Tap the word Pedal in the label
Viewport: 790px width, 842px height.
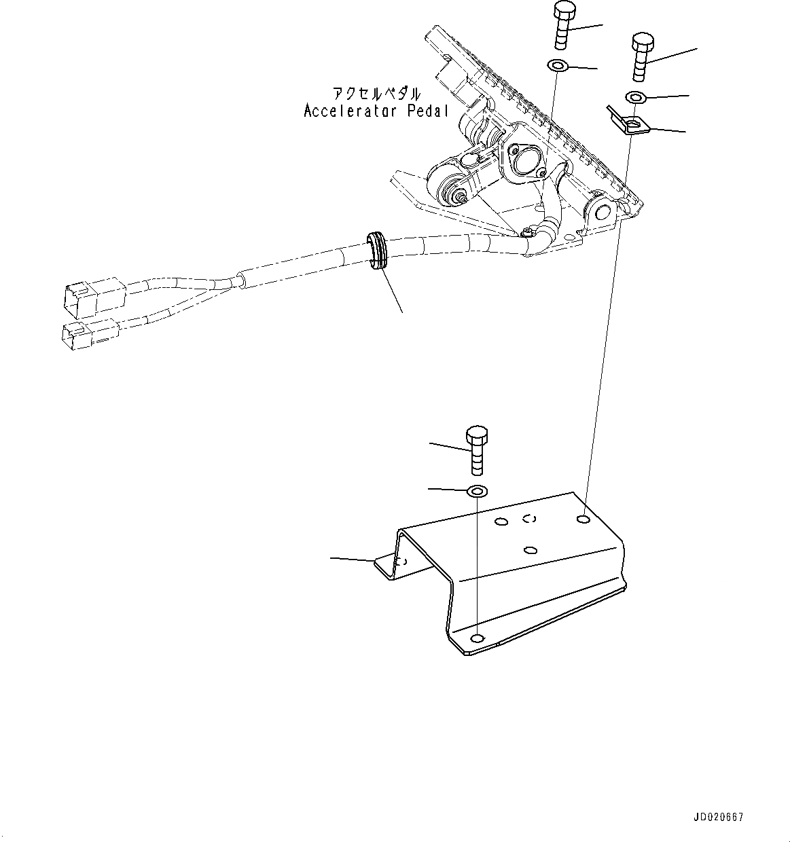pos(429,111)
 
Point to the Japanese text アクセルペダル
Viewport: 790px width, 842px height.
pos(376,94)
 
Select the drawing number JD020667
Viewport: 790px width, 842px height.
pos(719,817)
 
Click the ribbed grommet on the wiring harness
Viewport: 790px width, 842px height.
pos(377,250)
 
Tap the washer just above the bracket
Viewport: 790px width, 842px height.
pos(478,490)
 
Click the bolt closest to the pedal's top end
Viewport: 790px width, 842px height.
pos(564,26)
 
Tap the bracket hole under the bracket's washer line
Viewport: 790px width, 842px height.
pos(478,638)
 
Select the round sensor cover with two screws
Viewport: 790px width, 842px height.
pos(521,160)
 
